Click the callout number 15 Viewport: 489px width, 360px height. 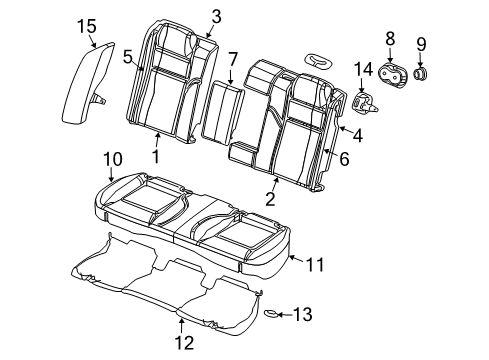[x=88, y=25]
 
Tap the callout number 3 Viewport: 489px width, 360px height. [x=216, y=15]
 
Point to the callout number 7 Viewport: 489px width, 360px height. [x=232, y=60]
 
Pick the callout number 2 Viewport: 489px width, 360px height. [x=269, y=199]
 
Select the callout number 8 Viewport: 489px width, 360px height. [x=389, y=38]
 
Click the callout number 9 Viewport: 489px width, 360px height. [x=421, y=43]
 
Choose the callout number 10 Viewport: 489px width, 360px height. [x=112, y=157]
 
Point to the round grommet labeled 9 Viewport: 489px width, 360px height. [x=421, y=76]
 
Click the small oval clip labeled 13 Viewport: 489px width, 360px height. [x=270, y=314]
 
